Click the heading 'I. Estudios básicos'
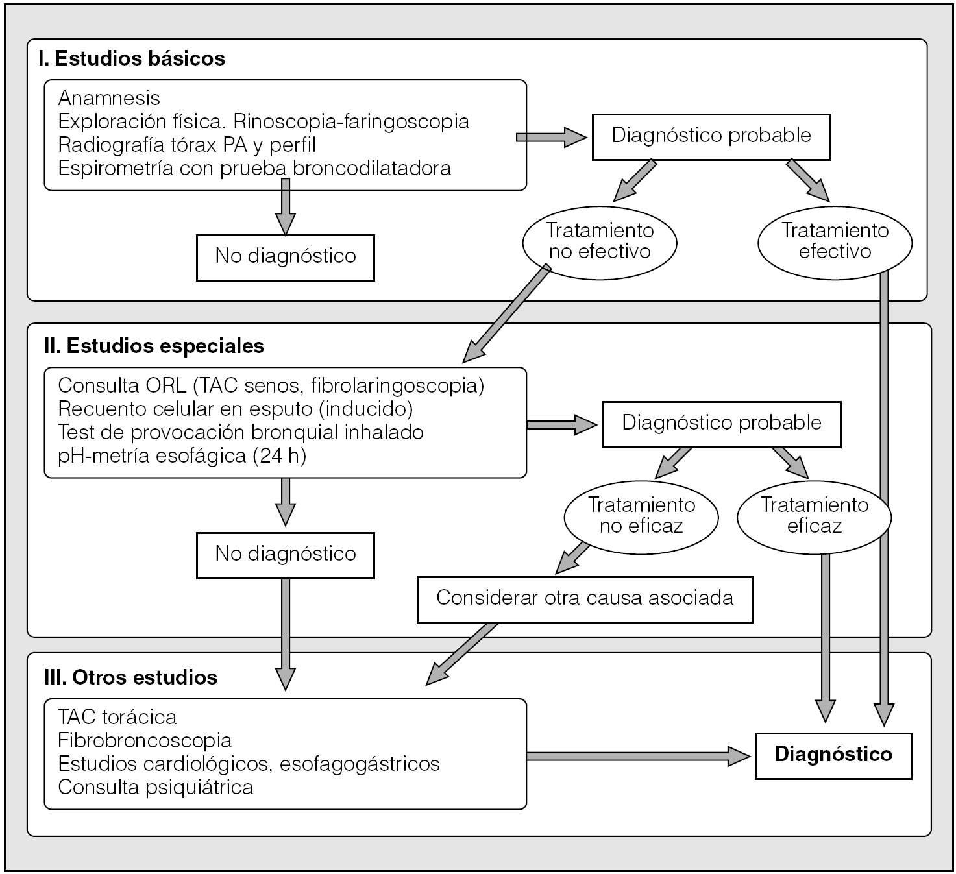[132, 58]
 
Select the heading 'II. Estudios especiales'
[154, 346]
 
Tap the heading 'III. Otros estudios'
[131, 677]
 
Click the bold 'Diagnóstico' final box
[833, 755]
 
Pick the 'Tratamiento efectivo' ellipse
[835, 241]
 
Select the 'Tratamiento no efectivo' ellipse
[600, 241]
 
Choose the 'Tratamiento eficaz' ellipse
[814, 516]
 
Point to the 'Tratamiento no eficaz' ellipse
[641, 516]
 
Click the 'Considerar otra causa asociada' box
[585, 598]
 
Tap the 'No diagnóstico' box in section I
[286, 256]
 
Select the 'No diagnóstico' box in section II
[286, 554]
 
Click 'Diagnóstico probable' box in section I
[711, 136]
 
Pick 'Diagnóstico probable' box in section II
[722, 423]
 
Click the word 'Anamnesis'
[109, 98]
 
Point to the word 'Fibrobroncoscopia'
[145, 740]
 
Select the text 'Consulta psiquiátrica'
[156, 787]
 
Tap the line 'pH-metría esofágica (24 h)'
[182, 455]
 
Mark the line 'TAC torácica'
[117, 717]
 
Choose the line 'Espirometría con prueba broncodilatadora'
[254, 168]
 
